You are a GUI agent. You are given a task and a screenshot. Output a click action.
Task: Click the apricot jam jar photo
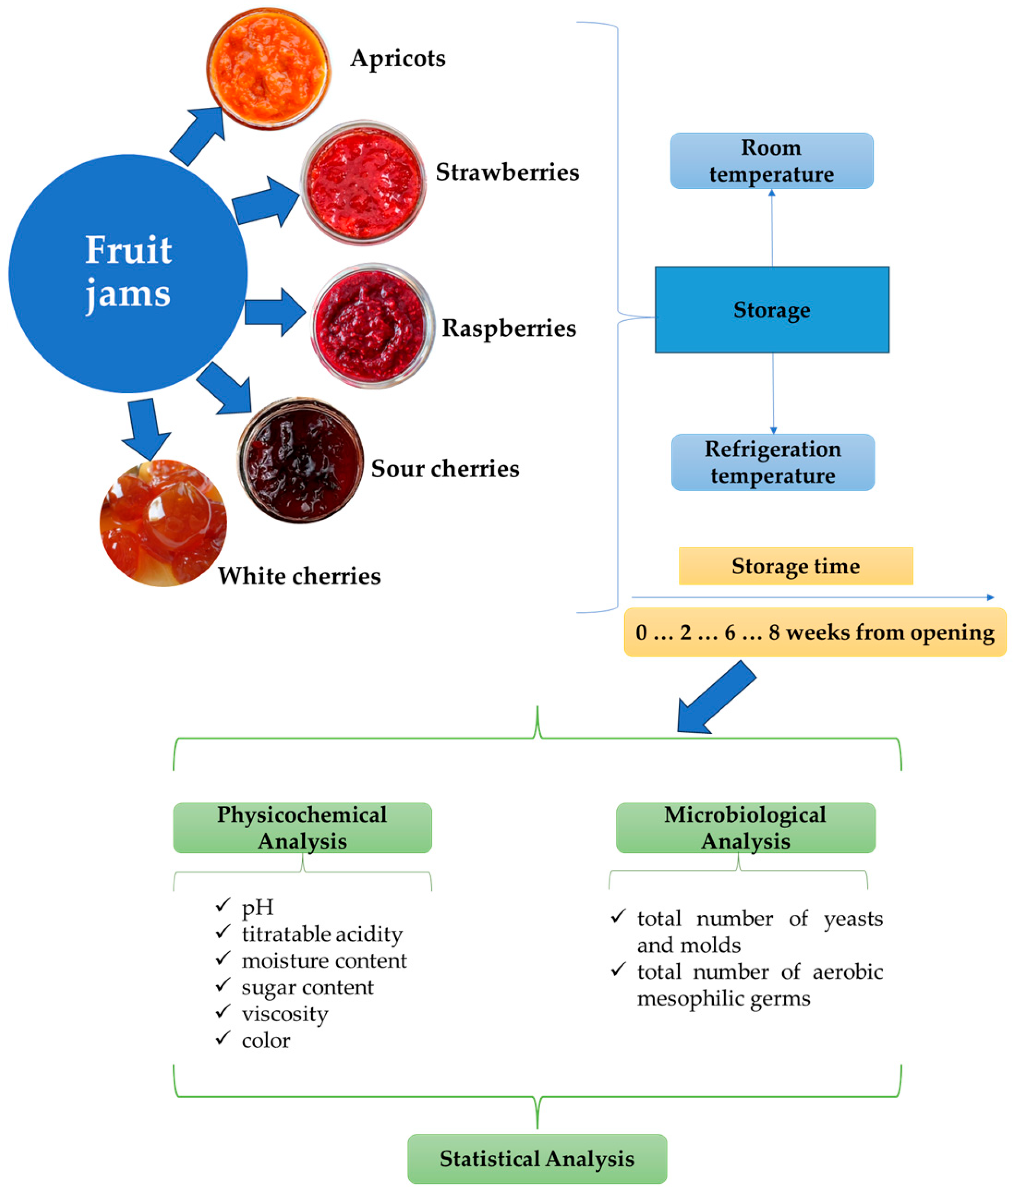pos(268,68)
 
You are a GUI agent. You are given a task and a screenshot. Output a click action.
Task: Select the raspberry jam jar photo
pos(372,326)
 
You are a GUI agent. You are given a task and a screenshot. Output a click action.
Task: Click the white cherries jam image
pos(163,523)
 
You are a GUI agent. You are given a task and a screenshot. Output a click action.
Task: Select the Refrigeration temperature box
pos(772,462)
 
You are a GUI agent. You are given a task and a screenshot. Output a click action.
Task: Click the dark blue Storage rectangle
pos(772,310)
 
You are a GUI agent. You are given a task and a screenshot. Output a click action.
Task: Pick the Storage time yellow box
pos(795,566)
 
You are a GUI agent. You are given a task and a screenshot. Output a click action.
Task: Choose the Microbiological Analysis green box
pos(745,828)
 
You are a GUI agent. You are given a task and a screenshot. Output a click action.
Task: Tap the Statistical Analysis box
pos(537,1158)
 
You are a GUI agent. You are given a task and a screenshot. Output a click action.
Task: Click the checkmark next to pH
pos(223,906)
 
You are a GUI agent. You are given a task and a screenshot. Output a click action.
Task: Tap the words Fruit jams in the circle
pos(128,272)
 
